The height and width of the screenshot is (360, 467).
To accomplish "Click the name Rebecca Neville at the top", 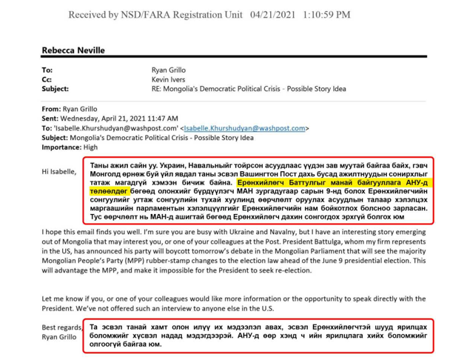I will pos(73,50).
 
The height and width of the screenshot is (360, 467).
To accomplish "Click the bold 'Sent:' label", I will pos(51,118).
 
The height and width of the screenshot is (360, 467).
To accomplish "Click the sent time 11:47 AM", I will pos(161,118).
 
